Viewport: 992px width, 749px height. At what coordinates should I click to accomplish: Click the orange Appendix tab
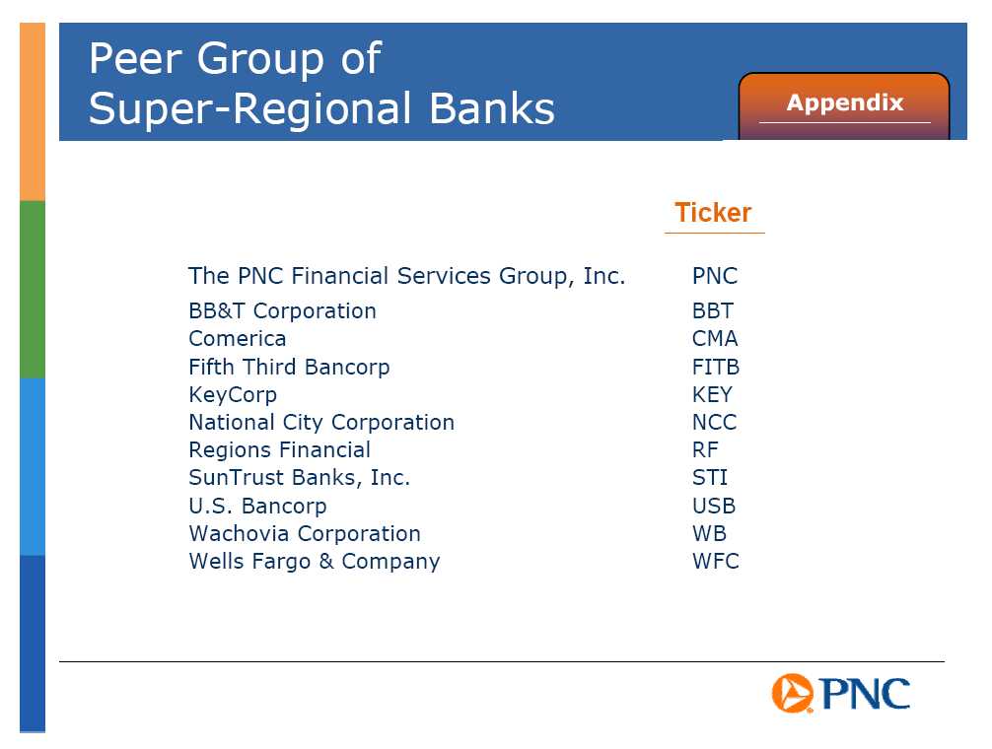pyautogui.click(x=844, y=105)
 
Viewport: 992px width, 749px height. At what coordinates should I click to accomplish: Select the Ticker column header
pyautogui.click(x=713, y=212)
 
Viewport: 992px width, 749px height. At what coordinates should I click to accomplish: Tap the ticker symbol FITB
pyautogui.click(x=716, y=367)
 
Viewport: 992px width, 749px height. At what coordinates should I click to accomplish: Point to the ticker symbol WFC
pyautogui.click(x=716, y=562)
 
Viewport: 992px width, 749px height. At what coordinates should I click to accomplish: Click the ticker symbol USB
pyautogui.click(x=714, y=506)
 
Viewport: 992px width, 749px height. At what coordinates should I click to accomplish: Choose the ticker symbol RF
pyautogui.click(x=705, y=450)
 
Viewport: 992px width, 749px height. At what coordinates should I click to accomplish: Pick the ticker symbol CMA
pyautogui.click(x=715, y=339)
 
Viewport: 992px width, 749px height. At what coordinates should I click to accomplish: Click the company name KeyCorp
pyautogui.click(x=233, y=395)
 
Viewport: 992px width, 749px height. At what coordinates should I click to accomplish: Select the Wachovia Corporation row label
pyautogui.click(x=305, y=533)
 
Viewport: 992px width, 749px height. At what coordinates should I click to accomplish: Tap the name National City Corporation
pyautogui.click(x=321, y=422)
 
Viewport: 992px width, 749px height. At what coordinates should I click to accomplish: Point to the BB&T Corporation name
pyautogui.click(x=282, y=311)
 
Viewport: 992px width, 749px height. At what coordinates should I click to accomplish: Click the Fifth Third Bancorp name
pyautogui.click(x=289, y=367)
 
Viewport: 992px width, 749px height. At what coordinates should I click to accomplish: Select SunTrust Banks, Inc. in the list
pyautogui.click(x=299, y=478)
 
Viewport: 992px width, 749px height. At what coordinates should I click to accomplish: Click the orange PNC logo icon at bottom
pyautogui.click(x=792, y=694)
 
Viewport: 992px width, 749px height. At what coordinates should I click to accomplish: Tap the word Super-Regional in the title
pyautogui.click(x=249, y=108)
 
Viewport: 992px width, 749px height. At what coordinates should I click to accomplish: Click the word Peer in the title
pyautogui.click(x=135, y=59)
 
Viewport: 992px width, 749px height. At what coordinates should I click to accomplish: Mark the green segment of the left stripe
pyautogui.click(x=33, y=290)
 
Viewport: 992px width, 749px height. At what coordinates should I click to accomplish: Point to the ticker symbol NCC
pyautogui.click(x=714, y=422)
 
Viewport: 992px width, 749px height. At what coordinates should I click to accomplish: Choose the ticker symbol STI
pyautogui.click(x=710, y=478)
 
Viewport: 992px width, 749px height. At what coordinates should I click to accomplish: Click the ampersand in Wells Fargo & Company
pyautogui.click(x=326, y=562)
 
